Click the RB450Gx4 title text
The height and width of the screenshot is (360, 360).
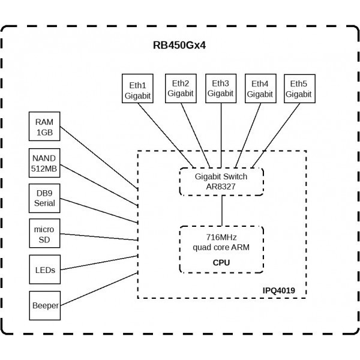coord(180,45)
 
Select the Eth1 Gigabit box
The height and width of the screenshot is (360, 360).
coord(137,89)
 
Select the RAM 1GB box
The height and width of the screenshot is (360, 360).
coord(44,127)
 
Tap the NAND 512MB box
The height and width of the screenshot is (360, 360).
coord(44,163)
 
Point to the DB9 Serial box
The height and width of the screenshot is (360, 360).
coord(44,198)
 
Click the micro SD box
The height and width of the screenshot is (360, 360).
coord(44,234)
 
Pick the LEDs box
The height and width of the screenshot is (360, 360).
coord(44,270)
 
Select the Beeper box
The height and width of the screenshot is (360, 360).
coord(44,305)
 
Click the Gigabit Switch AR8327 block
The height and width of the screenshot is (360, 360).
coord(222,181)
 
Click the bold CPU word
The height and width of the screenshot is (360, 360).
coord(221,263)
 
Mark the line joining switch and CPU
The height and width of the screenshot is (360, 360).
coord(222,211)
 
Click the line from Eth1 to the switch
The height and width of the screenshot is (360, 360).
coord(165,134)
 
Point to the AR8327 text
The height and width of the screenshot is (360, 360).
coord(222,187)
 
